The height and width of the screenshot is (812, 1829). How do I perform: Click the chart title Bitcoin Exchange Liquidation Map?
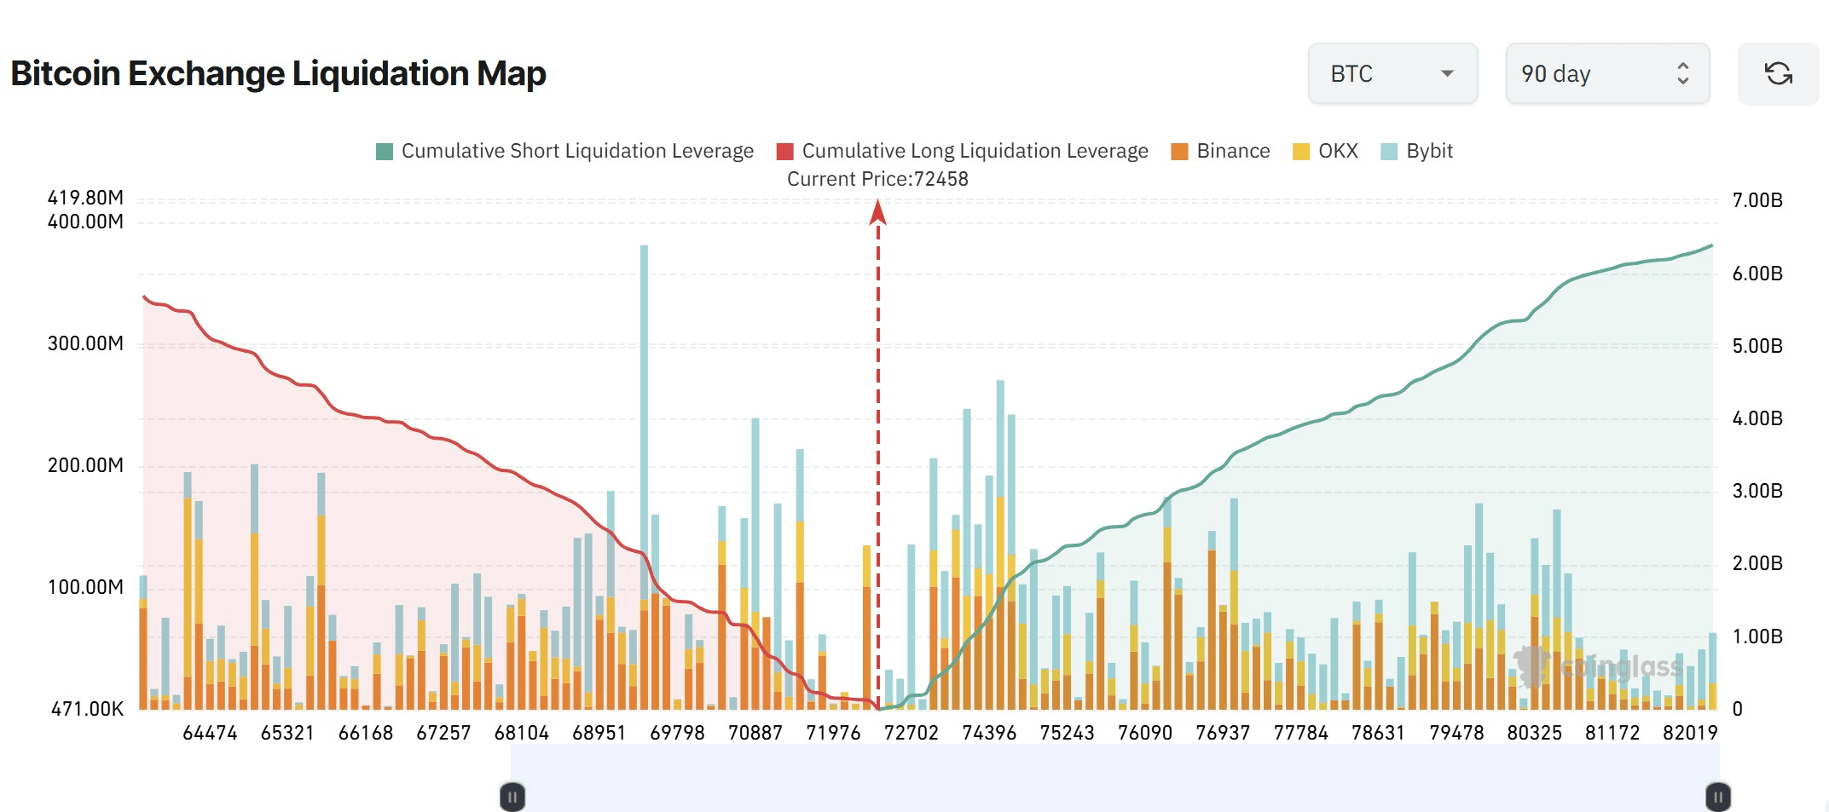[x=278, y=73]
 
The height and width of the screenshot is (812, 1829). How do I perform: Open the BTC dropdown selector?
[x=1392, y=74]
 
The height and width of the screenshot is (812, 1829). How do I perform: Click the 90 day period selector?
[x=1606, y=74]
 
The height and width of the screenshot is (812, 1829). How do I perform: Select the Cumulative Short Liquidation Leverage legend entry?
[x=564, y=152]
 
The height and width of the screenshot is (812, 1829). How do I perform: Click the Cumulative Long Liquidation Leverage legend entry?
[x=963, y=152]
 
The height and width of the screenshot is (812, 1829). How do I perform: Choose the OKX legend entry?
[x=1325, y=152]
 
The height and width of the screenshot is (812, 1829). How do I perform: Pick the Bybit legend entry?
[x=1416, y=152]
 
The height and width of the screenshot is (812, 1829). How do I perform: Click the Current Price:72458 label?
[x=877, y=179]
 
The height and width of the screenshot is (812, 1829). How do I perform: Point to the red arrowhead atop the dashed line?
[x=878, y=212]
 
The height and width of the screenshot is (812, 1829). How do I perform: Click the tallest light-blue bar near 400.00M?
[x=644, y=383]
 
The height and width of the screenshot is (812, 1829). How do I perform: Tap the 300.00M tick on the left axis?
[x=85, y=343]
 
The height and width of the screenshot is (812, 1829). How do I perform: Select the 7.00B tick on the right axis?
[x=1757, y=201]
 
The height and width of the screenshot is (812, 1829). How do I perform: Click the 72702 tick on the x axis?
[x=911, y=733]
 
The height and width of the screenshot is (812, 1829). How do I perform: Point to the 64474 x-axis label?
[x=210, y=733]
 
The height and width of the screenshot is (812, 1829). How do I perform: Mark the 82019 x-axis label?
[x=1689, y=733]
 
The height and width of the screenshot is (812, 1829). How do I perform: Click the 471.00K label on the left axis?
[x=87, y=709]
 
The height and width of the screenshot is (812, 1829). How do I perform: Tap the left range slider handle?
[x=512, y=798]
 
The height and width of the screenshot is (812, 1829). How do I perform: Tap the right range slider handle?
[x=1717, y=798]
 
